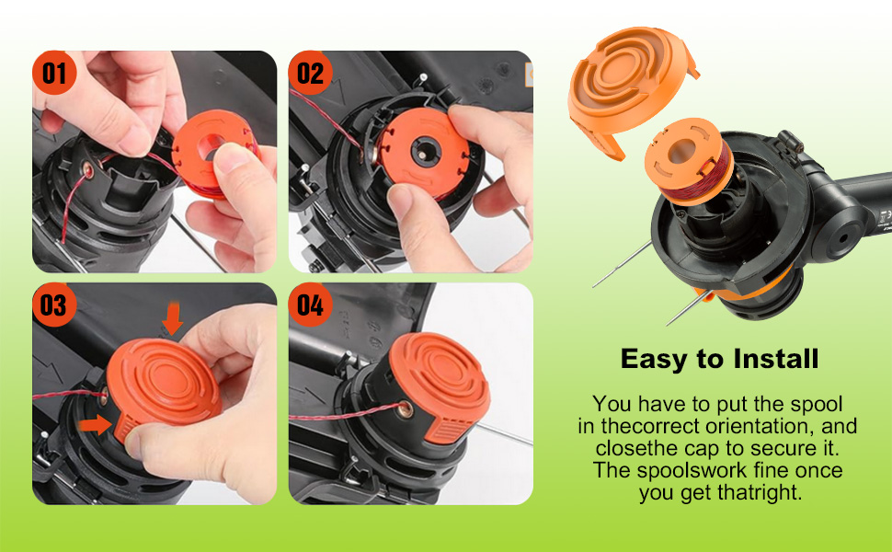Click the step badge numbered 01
point(54,73)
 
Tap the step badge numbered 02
point(311,73)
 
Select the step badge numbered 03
point(54,305)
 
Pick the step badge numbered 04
point(311,305)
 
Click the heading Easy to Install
point(719,359)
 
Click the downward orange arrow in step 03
point(172,319)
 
